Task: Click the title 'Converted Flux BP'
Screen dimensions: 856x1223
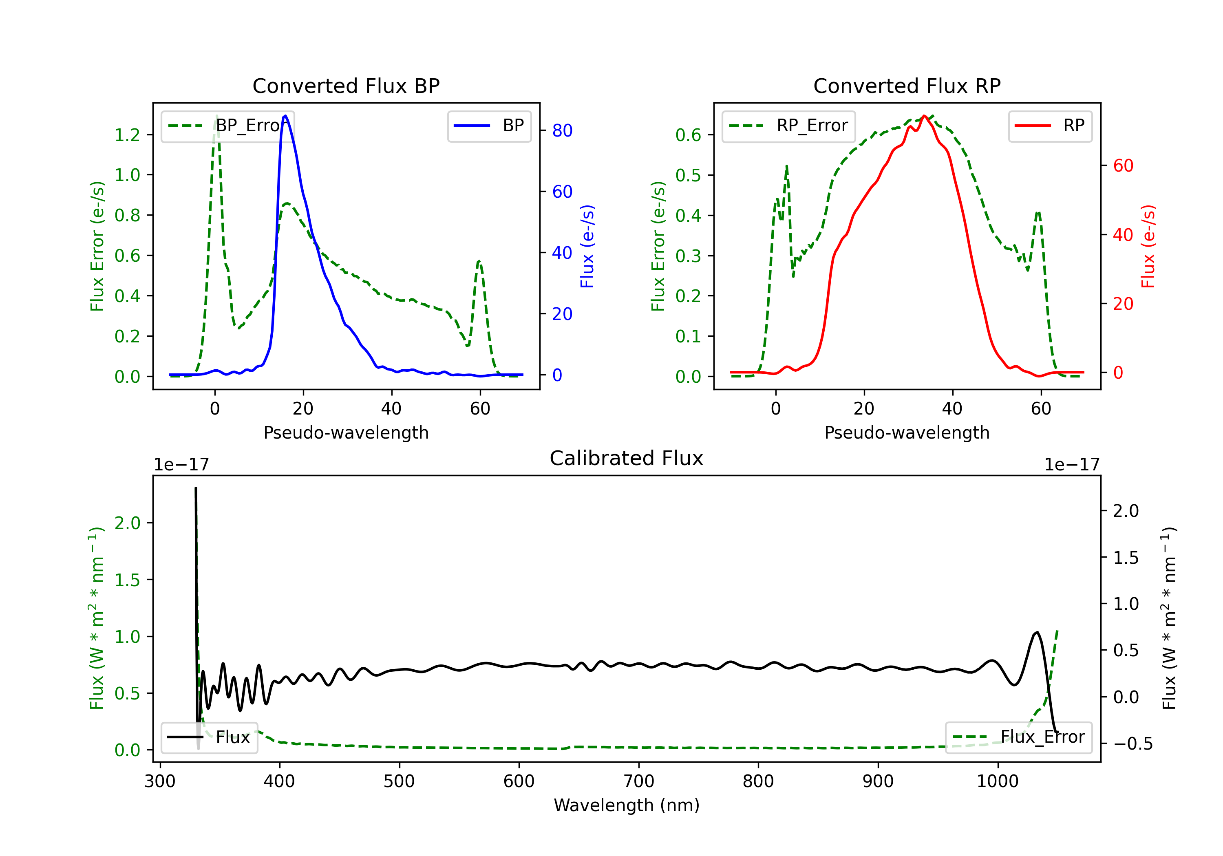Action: (346, 86)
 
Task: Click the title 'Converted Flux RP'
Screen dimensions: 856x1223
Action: (907, 86)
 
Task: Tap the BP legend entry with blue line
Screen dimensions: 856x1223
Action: (490, 126)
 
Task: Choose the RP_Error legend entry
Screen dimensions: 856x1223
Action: (788, 126)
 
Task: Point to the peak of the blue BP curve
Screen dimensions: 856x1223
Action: (285, 116)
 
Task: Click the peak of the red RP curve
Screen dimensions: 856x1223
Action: (924, 116)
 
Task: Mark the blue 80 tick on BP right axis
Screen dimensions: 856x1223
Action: (562, 130)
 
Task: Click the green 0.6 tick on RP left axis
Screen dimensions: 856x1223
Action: (688, 135)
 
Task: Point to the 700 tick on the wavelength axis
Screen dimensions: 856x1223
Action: (639, 781)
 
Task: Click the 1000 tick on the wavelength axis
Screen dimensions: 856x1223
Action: (997, 781)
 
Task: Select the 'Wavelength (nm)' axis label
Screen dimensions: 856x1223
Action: (627, 805)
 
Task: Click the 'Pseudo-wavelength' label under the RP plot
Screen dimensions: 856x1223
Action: (907, 432)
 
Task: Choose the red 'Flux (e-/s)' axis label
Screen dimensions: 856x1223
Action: (1148, 246)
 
